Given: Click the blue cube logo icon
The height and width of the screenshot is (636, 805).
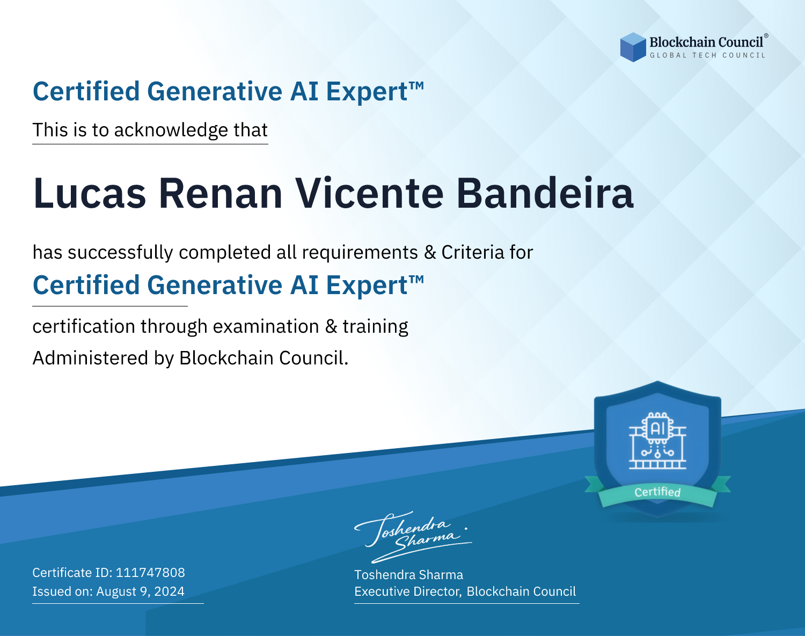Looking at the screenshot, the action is [x=633, y=47].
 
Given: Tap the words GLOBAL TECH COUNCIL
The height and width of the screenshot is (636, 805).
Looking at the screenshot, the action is [x=708, y=55].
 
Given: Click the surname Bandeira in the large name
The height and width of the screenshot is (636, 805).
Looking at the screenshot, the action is [x=545, y=193].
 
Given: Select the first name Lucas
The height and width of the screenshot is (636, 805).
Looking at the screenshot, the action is [x=90, y=193].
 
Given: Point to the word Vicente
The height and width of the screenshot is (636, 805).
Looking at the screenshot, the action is [x=369, y=193].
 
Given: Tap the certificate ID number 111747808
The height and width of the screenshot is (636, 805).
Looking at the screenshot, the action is [x=150, y=572].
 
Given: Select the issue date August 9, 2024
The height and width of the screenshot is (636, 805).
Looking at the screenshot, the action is [x=140, y=591].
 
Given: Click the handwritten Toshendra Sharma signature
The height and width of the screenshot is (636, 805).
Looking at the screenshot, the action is [x=413, y=537].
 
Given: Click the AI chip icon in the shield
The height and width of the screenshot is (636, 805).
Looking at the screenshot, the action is [x=657, y=440].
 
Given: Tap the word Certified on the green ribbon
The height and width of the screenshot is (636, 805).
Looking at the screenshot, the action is [x=657, y=492].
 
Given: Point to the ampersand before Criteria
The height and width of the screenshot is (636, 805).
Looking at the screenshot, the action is [x=430, y=253].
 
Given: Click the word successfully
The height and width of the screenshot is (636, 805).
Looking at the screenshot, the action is [x=120, y=253].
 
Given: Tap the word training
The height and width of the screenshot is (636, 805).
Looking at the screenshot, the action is [x=376, y=327].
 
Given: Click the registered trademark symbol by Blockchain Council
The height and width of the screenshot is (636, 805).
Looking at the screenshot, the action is [x=766, y=35].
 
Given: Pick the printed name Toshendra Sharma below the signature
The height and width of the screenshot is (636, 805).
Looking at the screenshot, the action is [x=408, y=575].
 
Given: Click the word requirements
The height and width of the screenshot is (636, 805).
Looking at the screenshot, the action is [x=360, y=253].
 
